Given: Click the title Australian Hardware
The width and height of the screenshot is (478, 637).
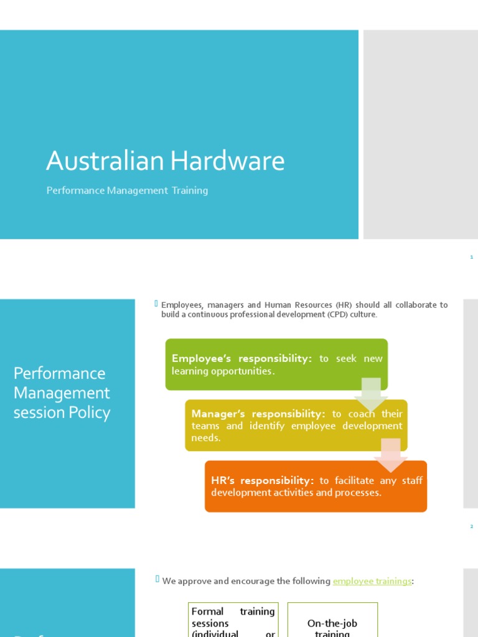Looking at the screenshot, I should [165, 162].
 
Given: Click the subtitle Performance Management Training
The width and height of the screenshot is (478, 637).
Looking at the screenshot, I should [127, 190].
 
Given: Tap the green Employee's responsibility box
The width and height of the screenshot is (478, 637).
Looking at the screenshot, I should [276, 365].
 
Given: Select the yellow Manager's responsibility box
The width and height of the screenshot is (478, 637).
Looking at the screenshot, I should [296, 425].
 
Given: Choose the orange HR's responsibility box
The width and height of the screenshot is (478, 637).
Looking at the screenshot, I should [316, 486].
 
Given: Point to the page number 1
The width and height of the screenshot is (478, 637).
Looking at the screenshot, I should [472, 257].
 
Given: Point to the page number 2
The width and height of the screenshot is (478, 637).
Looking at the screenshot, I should [472, 526].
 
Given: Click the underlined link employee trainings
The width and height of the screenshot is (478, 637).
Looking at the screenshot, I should [372, 581].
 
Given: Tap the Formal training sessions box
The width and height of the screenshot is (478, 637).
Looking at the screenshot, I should [233, 622].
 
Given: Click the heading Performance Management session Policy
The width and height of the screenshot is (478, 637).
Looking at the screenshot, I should [62, 393].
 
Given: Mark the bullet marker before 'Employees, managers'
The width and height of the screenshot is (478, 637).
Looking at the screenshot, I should [157, 304].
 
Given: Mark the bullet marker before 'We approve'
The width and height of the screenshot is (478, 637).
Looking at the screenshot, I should [157, 580].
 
